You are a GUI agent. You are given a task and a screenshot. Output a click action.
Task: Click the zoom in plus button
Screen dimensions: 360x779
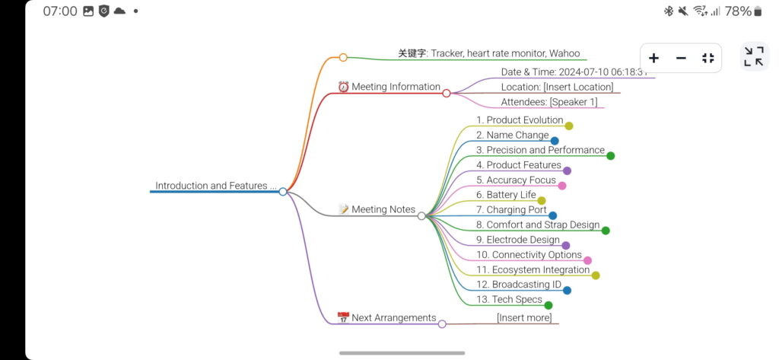[x=653, y=58]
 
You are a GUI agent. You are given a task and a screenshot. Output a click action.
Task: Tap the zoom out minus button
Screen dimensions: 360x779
[x=681, y=58]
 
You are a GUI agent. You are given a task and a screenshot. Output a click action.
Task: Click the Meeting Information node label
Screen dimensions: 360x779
[x=396, y=87]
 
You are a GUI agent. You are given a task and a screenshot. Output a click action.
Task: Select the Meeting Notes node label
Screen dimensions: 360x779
[x=383, y=209]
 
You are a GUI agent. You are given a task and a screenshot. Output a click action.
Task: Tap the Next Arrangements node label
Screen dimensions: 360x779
[x=393, y=318]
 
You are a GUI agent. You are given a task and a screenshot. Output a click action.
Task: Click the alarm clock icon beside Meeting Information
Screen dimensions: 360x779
[x=343, y=87]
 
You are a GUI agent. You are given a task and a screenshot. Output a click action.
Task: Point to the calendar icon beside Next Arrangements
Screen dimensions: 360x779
[x=343, y=318]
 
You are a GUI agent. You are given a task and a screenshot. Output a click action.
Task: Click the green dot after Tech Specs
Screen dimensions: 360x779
[x=548, y=305]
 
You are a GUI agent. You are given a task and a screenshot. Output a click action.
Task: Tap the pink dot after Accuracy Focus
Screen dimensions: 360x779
[x=562, y=186]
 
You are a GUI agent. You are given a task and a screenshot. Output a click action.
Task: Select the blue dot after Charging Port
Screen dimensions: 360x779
[x=553, y=215]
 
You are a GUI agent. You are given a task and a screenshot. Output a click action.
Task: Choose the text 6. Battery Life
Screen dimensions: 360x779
[x=506, y=195]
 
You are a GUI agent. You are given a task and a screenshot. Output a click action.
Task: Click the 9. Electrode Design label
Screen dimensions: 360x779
[x=517, y=240]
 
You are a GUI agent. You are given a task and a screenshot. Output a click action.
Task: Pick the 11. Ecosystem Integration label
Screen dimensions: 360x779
[x=533, y=269]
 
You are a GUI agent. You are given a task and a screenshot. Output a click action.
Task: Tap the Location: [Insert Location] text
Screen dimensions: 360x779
[x=557, y=87]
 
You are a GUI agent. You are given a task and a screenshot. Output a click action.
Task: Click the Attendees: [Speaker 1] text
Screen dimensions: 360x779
[x=548, y=102]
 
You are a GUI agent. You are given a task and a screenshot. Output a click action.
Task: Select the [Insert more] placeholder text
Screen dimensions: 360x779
[x=524, y=317]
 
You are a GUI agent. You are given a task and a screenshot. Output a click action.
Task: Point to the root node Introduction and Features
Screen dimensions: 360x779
[x=211, y=186]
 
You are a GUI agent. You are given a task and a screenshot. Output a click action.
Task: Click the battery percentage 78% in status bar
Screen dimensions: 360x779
[x=738, y=11]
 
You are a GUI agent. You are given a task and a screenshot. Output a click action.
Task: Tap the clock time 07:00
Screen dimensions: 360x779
[x=60, y=11]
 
